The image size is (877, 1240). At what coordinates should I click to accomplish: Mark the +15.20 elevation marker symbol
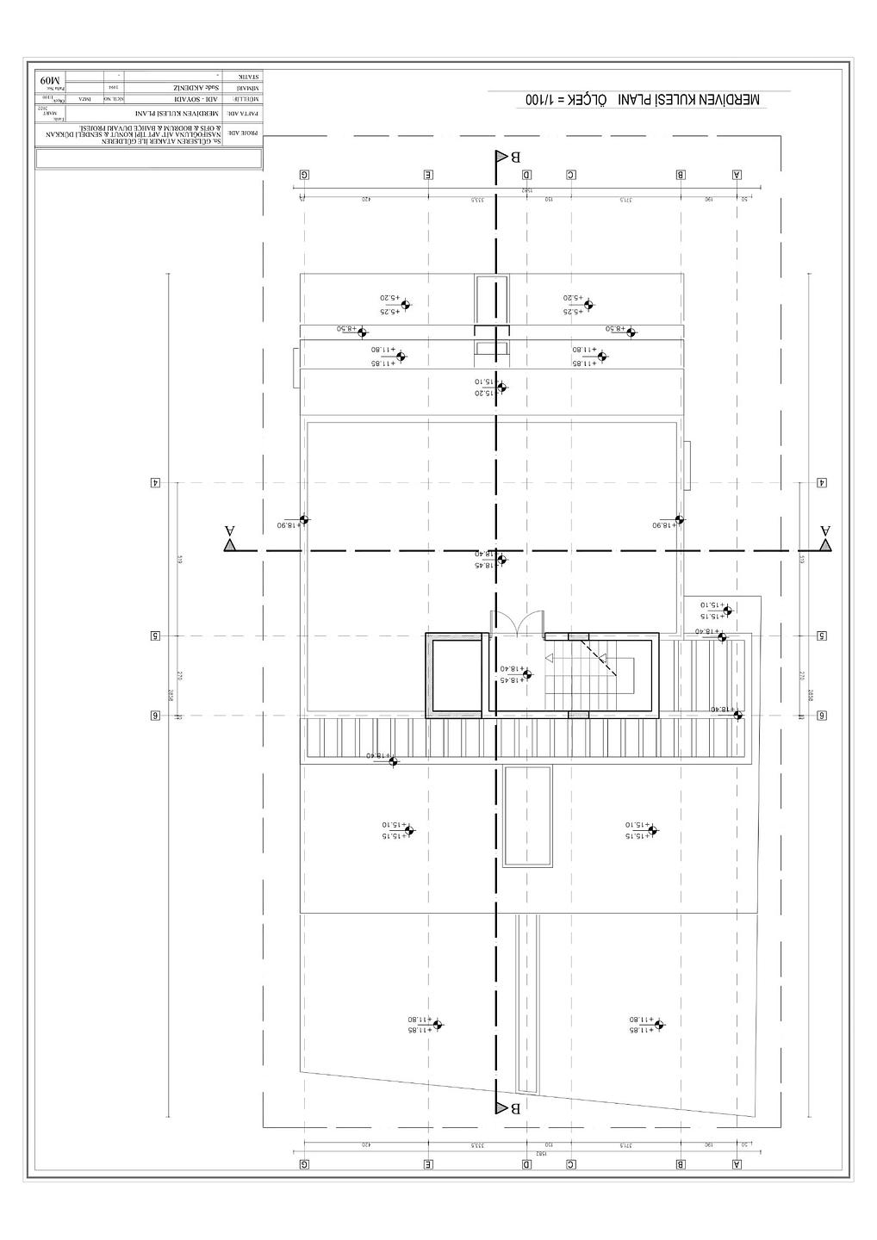click(502, 387)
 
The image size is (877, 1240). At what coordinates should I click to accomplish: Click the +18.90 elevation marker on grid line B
click(679, 519)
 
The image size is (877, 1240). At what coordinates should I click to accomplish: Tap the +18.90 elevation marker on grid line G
click(303, 519)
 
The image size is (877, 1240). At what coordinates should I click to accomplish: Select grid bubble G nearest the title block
click(304, 174)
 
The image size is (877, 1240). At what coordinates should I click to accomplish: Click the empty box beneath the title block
click(148, 158)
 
